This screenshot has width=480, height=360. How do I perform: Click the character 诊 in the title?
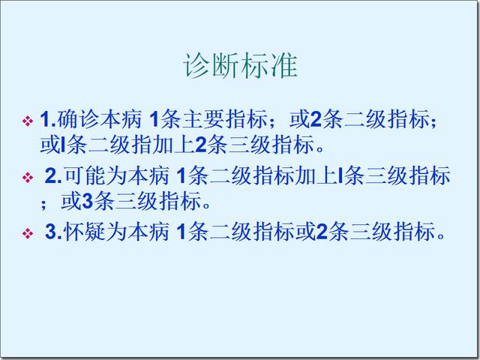click(x=196, y=66)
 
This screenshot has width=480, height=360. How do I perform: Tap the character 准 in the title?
click(x=283, y=66)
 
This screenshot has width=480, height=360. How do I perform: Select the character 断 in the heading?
click(x=226, y=66)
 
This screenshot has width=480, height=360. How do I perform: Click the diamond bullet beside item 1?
click(x=28, y=121)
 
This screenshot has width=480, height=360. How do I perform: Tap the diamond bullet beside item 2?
click(x=28, y=177)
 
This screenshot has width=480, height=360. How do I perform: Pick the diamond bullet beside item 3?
click(x=28, y=233)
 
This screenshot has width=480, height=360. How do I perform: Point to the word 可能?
click(x=85, y=175)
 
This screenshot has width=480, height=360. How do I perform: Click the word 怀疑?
click(x=85, y=232)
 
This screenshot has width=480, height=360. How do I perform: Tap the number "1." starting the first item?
click(x=48, y=120)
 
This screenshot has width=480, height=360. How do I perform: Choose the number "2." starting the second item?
click(x=53, y=176)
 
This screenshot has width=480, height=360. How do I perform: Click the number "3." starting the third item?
click(x=53, y=232)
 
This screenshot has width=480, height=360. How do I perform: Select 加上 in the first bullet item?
click(x=173, y=145)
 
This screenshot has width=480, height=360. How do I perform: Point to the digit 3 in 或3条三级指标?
click(x=88, y=202)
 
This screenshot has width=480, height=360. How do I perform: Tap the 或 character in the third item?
click(x=305, y=232)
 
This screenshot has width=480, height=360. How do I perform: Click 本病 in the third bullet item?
click(x=148, y=232)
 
